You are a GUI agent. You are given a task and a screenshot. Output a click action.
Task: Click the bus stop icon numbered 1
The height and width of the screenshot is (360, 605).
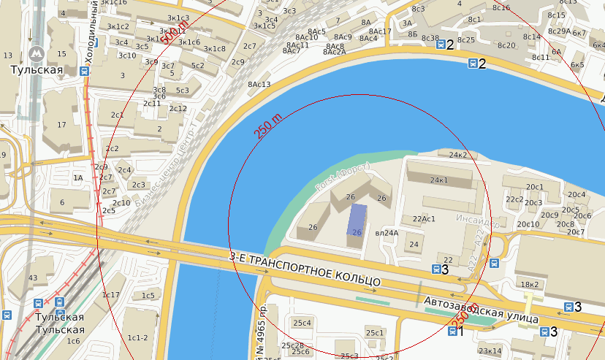coord(452,332)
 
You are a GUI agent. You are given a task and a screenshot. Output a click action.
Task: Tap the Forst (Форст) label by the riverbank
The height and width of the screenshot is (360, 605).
coord(342,179)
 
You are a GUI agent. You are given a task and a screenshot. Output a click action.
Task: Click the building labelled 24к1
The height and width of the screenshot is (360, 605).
coord(439,180)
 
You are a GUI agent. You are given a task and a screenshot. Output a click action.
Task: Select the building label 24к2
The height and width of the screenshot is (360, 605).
coord(458,155)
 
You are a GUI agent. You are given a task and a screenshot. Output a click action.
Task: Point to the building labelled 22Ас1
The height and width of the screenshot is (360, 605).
coord(424,218)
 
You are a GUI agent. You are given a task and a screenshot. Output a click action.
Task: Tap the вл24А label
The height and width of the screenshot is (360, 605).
coord(387,233)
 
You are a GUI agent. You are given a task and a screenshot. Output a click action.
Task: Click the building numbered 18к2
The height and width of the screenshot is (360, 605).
coord(529,283)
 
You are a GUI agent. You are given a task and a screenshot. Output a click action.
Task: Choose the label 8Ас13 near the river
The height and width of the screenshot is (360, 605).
coord(259,85)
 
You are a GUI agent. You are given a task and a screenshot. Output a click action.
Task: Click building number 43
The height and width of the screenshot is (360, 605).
coord(32,278)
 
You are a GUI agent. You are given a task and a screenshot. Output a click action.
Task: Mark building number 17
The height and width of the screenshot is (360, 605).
coord(61,125)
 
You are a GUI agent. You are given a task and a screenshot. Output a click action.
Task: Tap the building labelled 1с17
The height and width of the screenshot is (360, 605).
coord(111,295)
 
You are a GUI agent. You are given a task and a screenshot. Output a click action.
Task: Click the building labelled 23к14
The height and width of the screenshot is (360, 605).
coord(490,351)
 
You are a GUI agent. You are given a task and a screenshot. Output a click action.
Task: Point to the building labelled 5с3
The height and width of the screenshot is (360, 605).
coord(181,91)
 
